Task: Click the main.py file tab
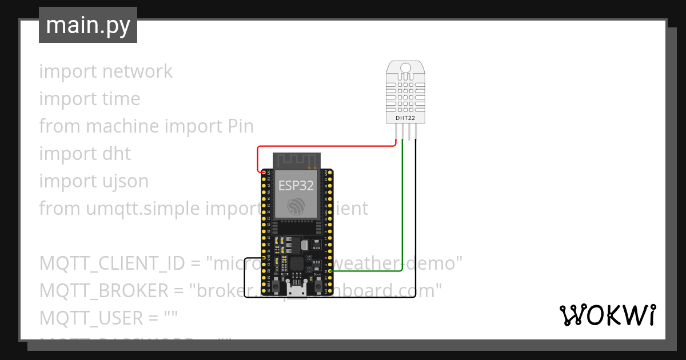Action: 87,25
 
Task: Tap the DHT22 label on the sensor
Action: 405,118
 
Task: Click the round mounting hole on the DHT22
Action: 406,68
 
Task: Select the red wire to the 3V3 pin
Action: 326,146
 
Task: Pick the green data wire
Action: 402,206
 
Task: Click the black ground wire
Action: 416,229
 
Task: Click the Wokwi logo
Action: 607,315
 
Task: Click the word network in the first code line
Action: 137,71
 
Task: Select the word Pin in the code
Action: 241,126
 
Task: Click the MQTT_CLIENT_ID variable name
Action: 111,263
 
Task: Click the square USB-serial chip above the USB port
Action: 297,265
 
